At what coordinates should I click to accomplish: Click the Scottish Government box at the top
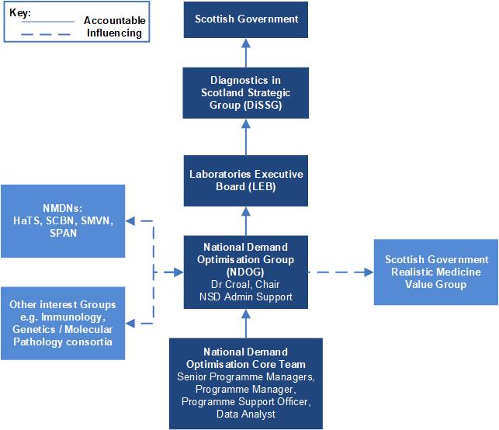click(x=246, y=19)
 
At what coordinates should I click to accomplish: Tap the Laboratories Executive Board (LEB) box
click(x=246, y=180)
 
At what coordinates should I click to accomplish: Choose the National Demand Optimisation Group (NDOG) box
click(x=246, y=272)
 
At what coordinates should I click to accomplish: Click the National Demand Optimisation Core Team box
click(x=246, y=383)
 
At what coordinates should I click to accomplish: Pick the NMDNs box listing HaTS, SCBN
click(x=62, y=220)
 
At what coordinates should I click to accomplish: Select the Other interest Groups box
click(x=62, y=323)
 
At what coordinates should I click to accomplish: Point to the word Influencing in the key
click(x=115, y=33)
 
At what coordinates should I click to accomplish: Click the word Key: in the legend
click(x=20, y=12)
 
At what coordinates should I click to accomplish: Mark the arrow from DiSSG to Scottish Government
click(x=246, y=52)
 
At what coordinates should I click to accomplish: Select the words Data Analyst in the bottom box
click(x=246, y=415)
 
